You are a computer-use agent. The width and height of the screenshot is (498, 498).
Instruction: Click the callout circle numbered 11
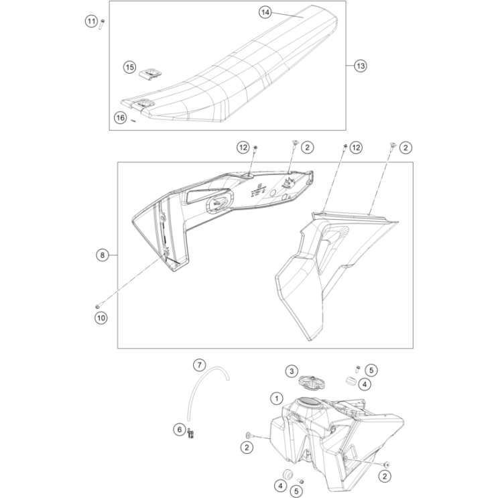tap(91, 22)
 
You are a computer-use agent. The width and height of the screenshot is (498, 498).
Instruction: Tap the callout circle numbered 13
tap(360, 66)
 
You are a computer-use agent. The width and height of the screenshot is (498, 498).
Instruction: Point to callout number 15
tap(129, 67)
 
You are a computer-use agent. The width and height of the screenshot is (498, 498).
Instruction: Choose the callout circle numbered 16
tap(120, 117)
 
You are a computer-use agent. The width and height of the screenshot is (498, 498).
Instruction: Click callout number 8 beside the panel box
tap(102, 255)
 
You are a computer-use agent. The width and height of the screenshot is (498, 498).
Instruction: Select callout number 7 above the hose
tap(199, 365)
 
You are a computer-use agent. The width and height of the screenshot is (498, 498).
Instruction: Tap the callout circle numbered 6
tap(179, 429)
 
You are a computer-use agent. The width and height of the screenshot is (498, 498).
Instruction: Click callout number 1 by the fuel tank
tap(276, 398)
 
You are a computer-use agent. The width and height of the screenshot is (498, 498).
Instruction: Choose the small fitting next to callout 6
tap(192, 434)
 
